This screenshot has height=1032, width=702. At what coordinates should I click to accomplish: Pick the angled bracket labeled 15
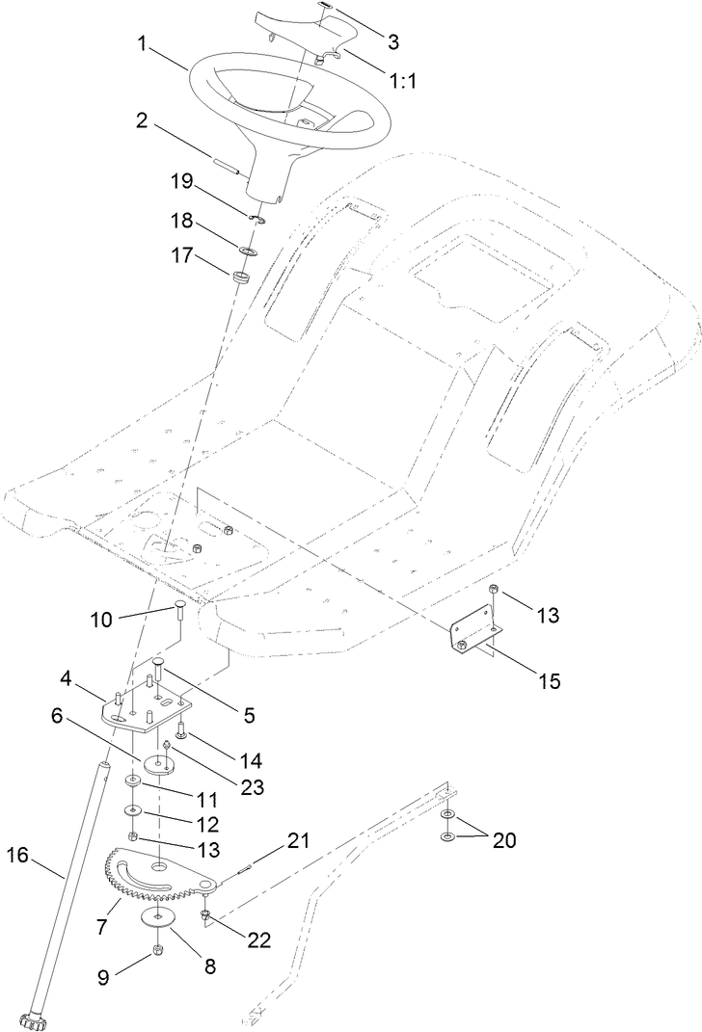[x=472, y=637]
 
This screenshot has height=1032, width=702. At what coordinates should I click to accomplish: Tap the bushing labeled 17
[x=241, y=279]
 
